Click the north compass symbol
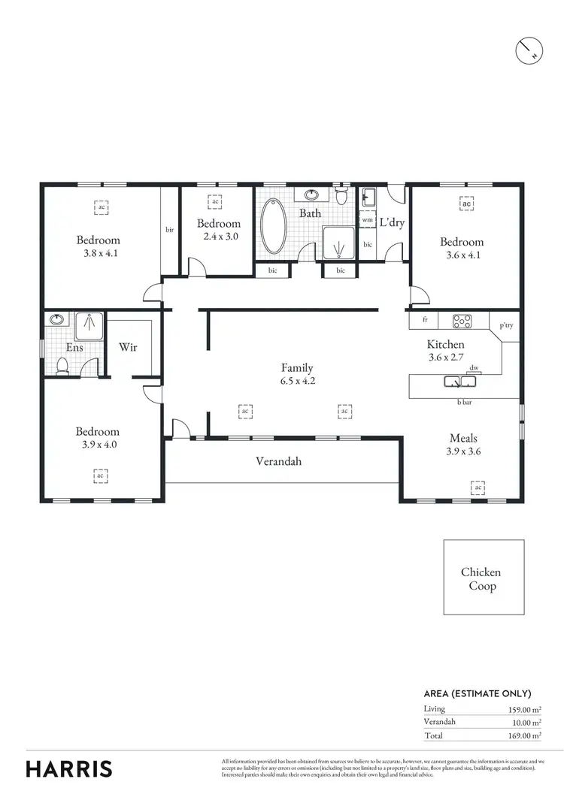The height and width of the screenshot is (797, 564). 527,50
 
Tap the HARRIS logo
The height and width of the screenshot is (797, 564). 69,768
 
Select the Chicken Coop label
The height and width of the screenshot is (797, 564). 481,579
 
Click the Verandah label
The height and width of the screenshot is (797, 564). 278,461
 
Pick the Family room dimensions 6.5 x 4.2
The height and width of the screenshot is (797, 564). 297,381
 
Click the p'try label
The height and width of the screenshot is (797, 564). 505,326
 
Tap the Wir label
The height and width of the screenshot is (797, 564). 127,348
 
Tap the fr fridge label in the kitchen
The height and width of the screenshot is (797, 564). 425,320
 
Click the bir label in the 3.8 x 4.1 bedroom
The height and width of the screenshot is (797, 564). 170,230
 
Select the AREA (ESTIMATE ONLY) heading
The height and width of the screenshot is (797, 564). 478,693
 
